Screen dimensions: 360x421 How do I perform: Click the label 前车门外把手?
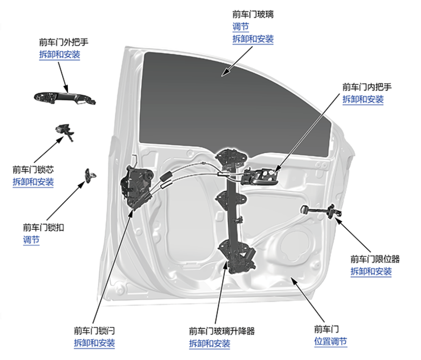63,41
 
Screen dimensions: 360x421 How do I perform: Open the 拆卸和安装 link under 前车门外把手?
59,55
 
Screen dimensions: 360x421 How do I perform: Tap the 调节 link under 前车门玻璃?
240,27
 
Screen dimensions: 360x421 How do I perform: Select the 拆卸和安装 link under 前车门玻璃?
253,39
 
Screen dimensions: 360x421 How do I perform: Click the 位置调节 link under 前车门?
330,342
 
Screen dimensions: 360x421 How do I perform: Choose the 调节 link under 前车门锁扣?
31,240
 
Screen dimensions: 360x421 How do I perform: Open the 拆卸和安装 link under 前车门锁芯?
33,182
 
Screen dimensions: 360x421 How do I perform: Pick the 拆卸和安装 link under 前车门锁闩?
94,343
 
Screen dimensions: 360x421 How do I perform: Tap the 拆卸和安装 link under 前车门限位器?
371,272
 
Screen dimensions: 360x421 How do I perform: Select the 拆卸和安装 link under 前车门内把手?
363,100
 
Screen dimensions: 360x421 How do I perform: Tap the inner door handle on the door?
260,176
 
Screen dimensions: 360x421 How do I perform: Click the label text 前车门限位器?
375,259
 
